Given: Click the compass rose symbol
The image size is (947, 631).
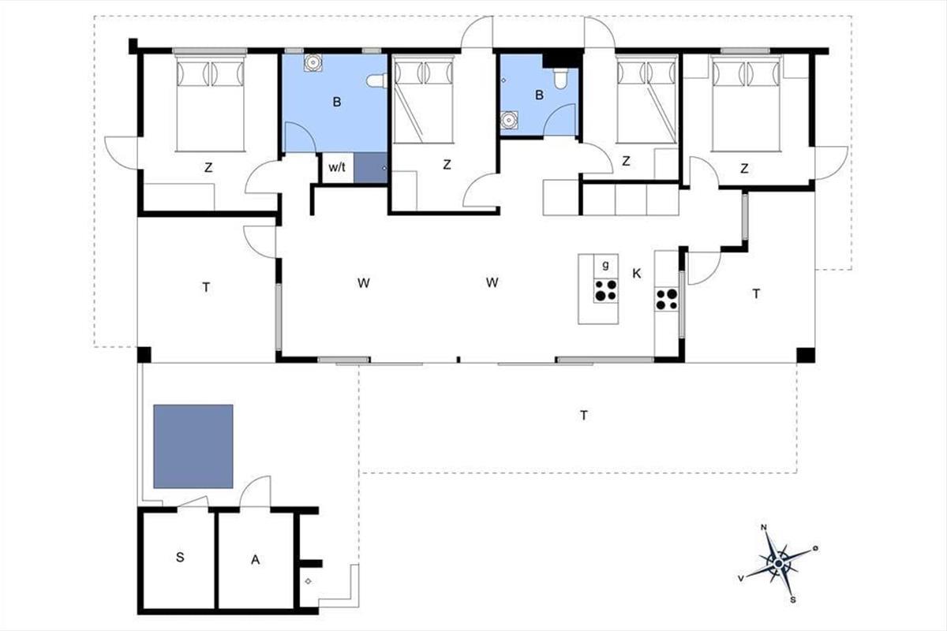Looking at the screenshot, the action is (779, 563).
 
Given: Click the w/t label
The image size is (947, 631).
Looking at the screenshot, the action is (337, 167).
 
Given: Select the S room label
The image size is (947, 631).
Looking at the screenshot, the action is (180, 558).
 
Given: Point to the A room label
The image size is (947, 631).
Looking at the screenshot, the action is (256, 560).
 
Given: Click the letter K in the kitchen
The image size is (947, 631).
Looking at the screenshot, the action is (637, 274).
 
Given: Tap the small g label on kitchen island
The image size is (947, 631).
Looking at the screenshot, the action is (606, 265).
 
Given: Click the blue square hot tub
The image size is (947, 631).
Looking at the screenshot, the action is (193, 446).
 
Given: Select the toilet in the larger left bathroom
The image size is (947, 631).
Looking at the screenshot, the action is (376, 80).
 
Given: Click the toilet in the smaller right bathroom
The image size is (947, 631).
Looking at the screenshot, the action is (560, 78).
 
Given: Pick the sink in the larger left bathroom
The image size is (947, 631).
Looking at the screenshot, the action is (313, 63).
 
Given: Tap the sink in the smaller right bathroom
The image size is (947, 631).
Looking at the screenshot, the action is (510, 120).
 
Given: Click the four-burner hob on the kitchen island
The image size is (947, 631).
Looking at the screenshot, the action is (606, 291).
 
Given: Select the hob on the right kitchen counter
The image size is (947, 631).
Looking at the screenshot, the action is (667, 299).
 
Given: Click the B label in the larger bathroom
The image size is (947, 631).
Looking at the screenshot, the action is (337, 102).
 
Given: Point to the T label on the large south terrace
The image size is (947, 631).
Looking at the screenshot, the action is (584, 416).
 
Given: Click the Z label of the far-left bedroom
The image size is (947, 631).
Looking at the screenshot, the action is (208, 168).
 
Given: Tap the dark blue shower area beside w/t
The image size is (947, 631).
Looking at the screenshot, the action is (370, 168).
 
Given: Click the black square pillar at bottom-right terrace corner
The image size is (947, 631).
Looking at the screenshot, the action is (806, 355).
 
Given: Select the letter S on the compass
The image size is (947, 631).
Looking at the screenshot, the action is (793, 600).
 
